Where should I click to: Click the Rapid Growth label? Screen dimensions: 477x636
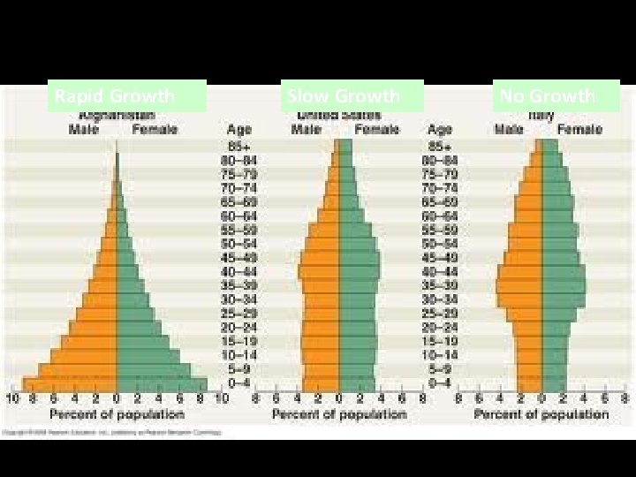(x=129, y=95)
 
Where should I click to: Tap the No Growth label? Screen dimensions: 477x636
(x=556, y=95)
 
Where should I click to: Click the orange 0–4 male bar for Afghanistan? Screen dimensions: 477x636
(x=71, y=384)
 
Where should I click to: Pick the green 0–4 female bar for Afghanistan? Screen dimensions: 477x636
(x=162, y=384)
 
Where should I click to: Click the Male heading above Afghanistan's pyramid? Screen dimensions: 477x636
(x=84, y=130)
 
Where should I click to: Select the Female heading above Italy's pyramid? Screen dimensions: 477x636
(x=579, y=130)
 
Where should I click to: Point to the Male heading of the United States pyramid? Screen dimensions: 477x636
(x=307, y=130)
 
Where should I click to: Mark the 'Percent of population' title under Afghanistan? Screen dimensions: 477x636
(x=117, y=413)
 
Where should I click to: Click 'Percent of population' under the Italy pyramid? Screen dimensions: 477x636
(x=541, y=413)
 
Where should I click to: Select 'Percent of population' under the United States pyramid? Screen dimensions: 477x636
(x=339, y=413)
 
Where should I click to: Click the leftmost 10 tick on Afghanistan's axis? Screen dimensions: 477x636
(x=12, y=398)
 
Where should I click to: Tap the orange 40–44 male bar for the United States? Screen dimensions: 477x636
(x=319, y=271)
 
